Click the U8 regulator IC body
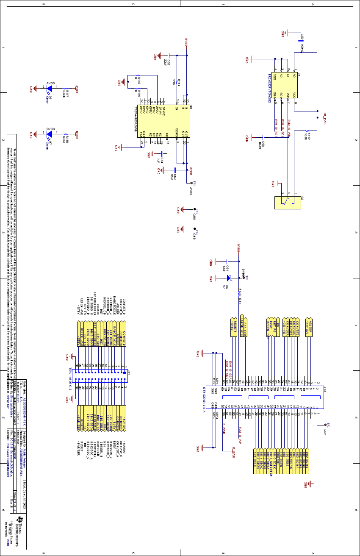click(165, 121)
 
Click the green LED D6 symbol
click(49, 89)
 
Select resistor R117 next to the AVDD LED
click(65, 89)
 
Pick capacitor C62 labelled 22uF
click(169, 56)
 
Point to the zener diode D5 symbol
click(228, 278)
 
